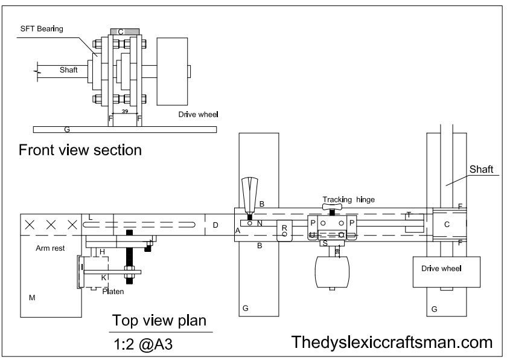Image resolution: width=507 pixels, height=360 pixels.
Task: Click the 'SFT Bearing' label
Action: tap(41, 28)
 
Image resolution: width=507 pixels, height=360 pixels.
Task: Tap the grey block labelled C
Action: tap(124, 31)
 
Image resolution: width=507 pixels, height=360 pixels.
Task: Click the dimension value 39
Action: tap(125, 111)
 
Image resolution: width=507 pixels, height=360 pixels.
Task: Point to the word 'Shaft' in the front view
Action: tap(69, 70)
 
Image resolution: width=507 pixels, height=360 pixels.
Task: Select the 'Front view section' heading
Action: tap(80, 150)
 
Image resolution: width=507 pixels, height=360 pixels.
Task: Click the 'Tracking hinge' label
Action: tap(348, 199)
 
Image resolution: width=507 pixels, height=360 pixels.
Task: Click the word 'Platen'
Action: tap(113, 291)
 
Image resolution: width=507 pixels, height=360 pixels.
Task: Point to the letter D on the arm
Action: tap(214, 225)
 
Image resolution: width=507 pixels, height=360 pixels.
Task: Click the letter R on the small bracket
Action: tap(284, 228)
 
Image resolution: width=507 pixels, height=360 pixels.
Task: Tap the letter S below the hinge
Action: tap(325, 243)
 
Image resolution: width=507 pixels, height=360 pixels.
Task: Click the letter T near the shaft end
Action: tap(409, 215)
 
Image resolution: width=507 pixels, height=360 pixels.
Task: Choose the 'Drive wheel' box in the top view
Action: tap(446, 272)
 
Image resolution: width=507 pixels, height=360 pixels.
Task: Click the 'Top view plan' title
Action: tap(159, 320)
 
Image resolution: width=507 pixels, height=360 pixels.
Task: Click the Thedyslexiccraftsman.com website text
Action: tap(392, 342)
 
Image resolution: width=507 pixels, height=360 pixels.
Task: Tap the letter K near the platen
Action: tap(103, 277)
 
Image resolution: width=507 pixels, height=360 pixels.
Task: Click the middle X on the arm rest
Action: tap(51, 225)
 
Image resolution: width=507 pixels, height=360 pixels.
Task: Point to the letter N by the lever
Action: tap(259, 223)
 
